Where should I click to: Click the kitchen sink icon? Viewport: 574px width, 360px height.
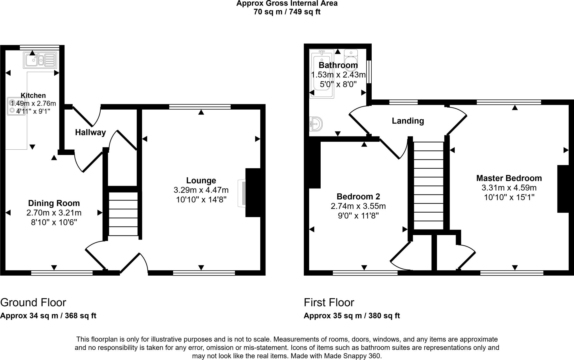pos(40,60)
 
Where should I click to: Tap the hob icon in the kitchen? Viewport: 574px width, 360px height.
pos(16,106)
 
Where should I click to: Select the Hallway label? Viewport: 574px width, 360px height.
pos(90,132)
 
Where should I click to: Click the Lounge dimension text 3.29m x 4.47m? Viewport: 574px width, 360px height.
pos(201,190)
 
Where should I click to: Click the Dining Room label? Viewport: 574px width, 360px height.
pos(54,203)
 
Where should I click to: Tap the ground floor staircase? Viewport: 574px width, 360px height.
pos(123,214)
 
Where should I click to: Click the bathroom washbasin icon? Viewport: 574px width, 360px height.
pos(316,124)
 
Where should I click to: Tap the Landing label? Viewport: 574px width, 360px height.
pos(408,121)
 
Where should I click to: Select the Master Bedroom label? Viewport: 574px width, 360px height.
pos(509,178)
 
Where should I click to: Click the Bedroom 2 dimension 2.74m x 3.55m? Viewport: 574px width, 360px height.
pos(358,206)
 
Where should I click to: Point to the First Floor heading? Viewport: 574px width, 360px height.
pos(329,303)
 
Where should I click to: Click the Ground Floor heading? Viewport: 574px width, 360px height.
pos(33,303)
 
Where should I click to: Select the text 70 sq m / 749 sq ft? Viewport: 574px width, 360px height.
pos(287,12)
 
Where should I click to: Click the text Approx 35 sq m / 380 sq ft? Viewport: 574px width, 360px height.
pos(351,316)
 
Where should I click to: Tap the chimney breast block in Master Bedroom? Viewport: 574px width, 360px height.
pos(563,189)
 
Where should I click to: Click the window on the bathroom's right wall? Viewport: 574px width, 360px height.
pos(369,72)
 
